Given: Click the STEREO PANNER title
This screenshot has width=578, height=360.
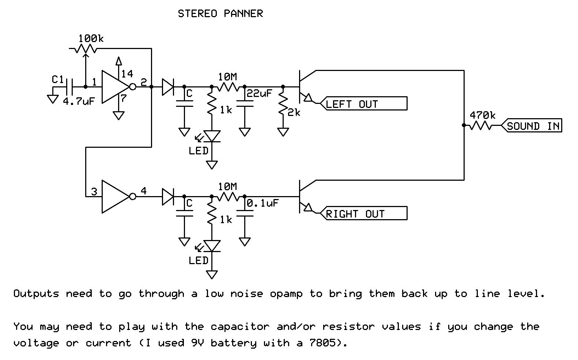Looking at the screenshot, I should tap(220, 14).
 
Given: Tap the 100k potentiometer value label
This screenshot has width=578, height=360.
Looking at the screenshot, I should tap(91, 38).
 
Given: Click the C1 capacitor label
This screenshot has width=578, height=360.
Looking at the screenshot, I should tap(58, 79).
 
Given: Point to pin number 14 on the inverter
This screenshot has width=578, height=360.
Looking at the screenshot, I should tap(127, 74).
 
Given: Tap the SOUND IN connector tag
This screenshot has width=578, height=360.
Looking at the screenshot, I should tap(533, 126).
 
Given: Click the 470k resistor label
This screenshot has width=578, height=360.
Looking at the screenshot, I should tap(483, 115).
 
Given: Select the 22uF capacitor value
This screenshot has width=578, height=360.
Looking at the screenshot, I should tap(259, 93).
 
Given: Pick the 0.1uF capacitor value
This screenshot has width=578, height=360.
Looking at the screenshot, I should tap(262, 203).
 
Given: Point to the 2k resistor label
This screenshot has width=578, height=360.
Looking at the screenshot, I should tap(294, 113).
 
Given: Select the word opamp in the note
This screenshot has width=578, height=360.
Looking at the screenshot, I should tap(286, 294).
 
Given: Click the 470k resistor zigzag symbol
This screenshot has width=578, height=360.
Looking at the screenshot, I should tap(480, 126).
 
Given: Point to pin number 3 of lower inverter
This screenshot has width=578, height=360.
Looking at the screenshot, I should tap(94, 192).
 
